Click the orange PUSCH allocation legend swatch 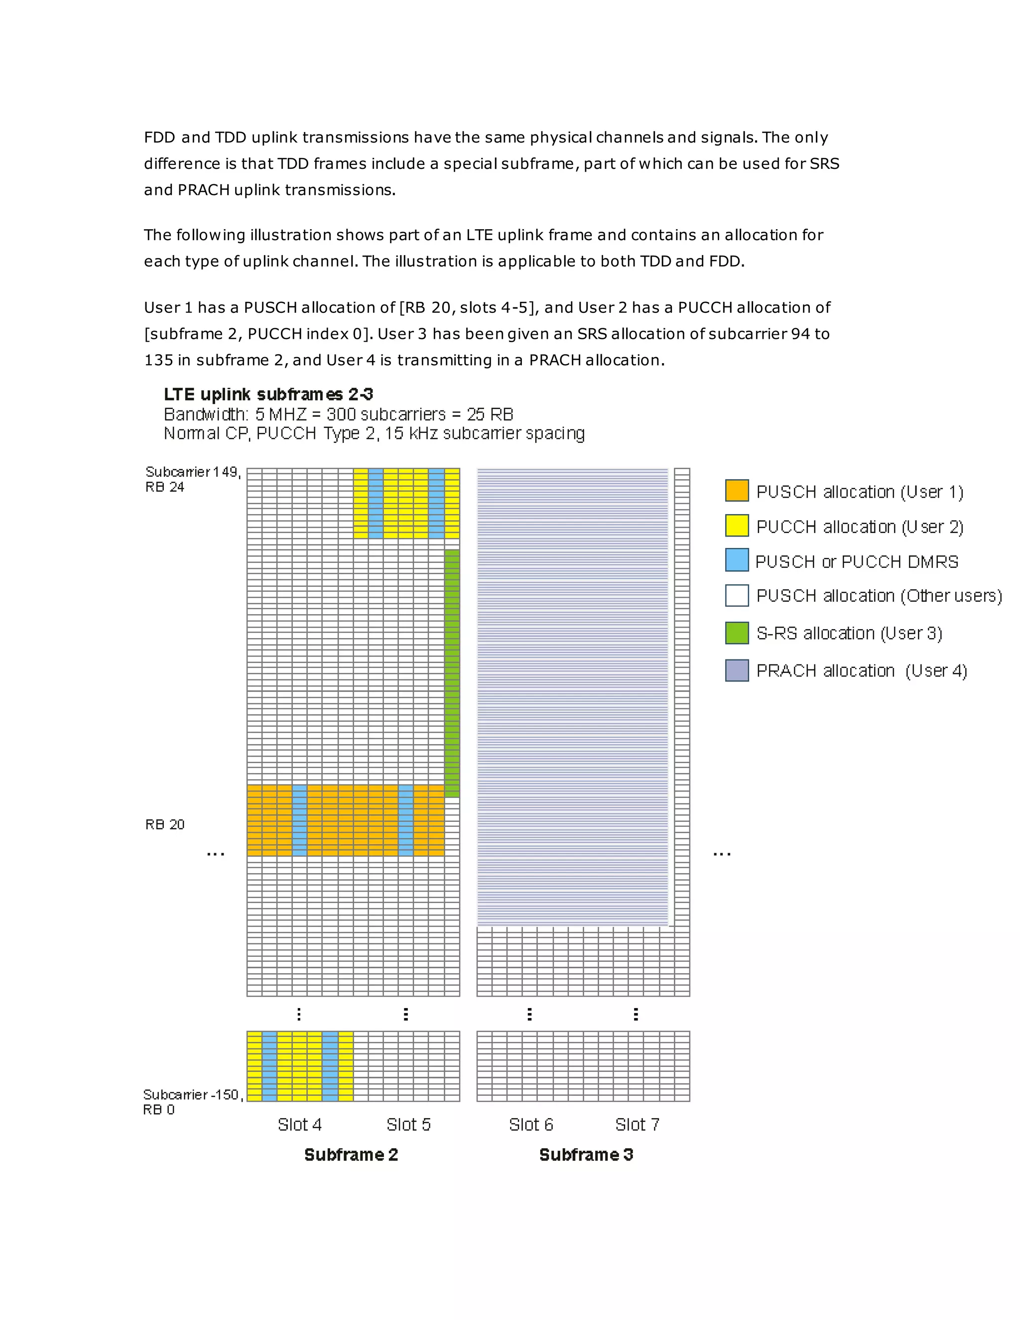click(737, 490)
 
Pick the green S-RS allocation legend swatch click(737, 632)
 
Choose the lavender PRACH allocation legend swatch click(737, 670)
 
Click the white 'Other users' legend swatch click(737, 595)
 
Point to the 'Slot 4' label click(299, 1125)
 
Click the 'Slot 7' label click(637, 1125)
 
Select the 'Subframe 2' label click(351, 1155)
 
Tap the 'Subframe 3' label click(586, 1155)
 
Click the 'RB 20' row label click(164, 824)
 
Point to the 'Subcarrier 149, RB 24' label click(192, 479)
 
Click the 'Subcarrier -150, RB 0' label click(192, 1102)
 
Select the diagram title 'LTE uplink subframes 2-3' click(268, 395)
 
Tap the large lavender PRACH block click(572, 695)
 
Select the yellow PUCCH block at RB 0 click(300, 1065)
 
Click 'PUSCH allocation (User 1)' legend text click(859, 492)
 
